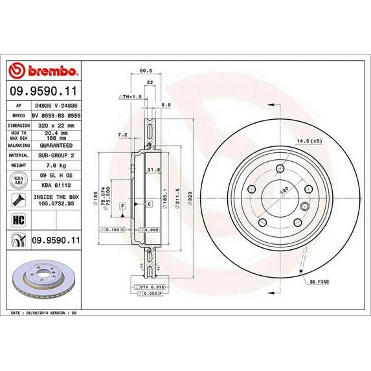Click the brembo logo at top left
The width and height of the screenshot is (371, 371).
pos(44,69)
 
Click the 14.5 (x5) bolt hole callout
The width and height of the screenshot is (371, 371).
pos(309,140)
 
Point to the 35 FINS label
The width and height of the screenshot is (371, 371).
pos(320,283)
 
